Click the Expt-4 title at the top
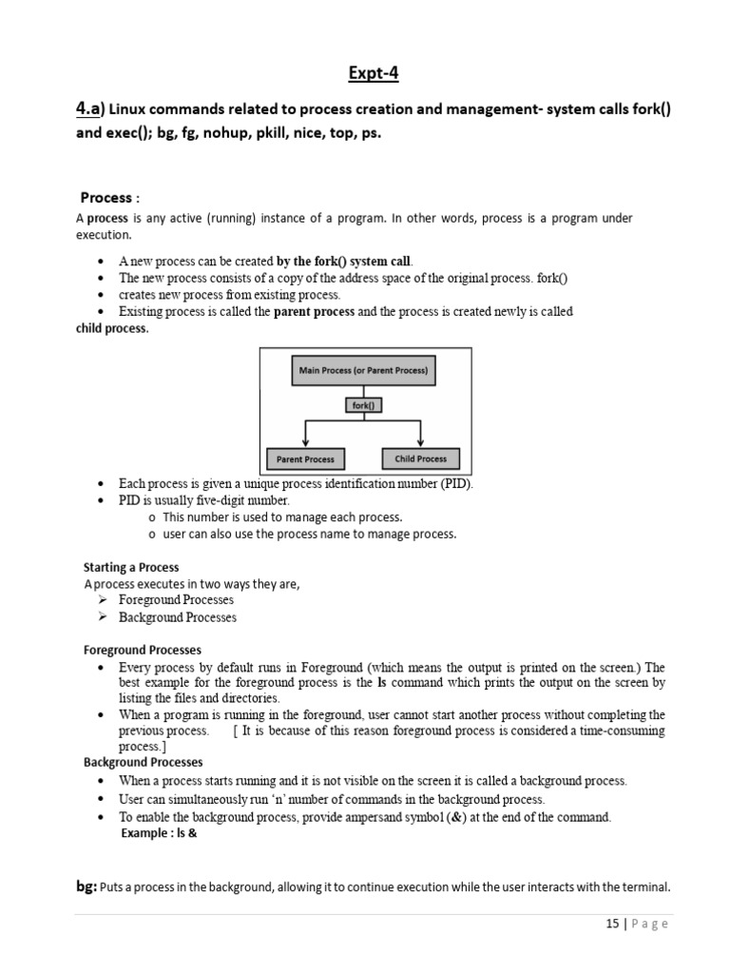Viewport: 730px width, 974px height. point(364,75)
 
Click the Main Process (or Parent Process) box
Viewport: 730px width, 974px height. point(363,370)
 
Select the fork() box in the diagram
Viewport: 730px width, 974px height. point(362,404)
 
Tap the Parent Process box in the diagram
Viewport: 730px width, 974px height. point(305,458)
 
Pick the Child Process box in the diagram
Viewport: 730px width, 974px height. point(420,458)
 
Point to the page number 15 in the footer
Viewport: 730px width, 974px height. point(611,924)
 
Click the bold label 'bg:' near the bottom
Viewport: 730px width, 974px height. point(86,886)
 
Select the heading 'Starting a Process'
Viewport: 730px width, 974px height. point(131,567)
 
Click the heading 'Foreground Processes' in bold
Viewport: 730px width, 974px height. point(143,650)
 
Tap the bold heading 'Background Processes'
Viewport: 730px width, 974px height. point(143,762)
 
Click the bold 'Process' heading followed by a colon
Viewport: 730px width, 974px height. point(106,198)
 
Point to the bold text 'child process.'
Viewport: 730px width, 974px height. point(112,328)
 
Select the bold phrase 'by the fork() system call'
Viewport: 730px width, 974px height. point(344,261)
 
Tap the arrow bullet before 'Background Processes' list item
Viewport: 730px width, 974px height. point(104,617)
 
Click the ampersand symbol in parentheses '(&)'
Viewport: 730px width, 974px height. point(510,817)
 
